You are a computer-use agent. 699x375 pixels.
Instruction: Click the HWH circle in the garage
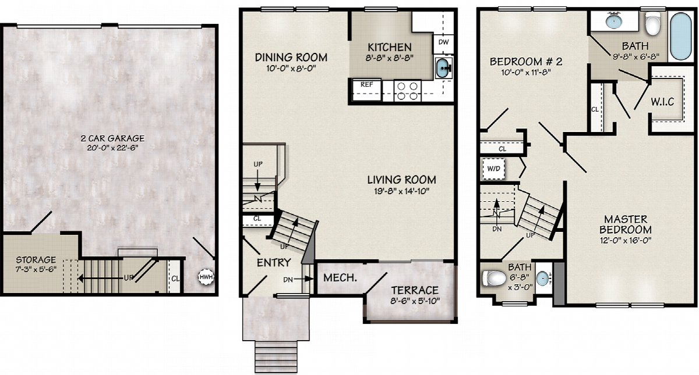[x=206, y=277]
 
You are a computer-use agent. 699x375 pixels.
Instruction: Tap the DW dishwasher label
[x=443, y=42]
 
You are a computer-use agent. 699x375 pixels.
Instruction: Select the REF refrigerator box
[x=366, y=90]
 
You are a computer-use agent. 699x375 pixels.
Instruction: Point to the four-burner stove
[x=408, y=91]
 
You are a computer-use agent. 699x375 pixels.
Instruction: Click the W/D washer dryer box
[x=493, y=169]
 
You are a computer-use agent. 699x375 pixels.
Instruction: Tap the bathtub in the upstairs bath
[x=681, y=37]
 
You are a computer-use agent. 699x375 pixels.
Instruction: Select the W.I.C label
[x=662, y=102]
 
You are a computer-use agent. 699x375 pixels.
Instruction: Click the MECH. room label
[x=340, y=278]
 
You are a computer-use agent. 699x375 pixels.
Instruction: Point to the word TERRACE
[x=415, y=290]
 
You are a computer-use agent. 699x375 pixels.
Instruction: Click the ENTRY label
[x=274, y=263]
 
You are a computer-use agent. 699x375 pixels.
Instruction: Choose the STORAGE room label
[x=36, y=260]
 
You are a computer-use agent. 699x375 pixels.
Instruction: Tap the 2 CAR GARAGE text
[x=112, y=138]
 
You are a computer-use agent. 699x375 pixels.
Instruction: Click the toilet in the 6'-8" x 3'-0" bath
[x=494, y=278]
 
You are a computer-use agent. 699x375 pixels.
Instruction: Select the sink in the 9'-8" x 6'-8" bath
[x=613, y=22]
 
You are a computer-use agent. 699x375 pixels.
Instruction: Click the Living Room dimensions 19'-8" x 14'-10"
[x=401, y=191]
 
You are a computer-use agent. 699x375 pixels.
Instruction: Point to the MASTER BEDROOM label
[x=626, y=224]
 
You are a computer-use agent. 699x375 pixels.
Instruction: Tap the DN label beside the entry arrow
[x=288, y=280]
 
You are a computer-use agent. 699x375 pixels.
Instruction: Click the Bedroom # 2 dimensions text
[x=526, y=72]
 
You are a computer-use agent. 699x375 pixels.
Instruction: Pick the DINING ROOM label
[x=291, y=58]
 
